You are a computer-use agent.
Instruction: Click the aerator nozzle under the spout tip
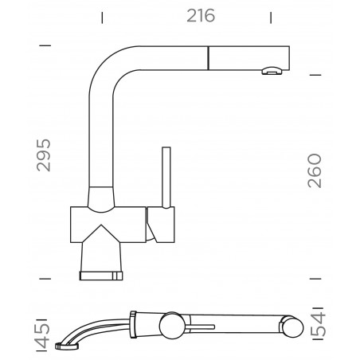tap(272, 72)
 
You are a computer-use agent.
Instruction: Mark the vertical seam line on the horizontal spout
tap(209, 57)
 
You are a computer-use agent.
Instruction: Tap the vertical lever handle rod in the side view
tap(166, 175)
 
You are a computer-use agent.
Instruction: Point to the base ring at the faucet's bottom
tap(101, 275)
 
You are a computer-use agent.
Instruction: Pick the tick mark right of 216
tap(272, 15)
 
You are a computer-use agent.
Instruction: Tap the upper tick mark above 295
tap(45, 46)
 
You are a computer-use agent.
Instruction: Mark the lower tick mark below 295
tap(45, 279)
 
